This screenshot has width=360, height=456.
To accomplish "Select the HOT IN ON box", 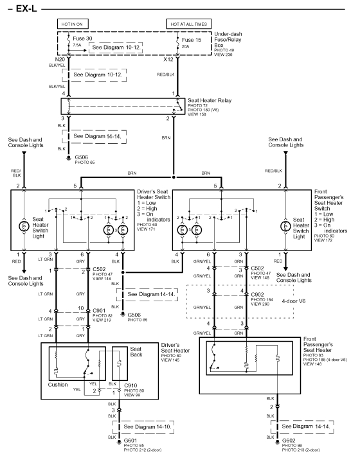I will [x=73, y=24].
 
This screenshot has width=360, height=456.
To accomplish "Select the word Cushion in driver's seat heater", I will [x=57, y=385].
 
